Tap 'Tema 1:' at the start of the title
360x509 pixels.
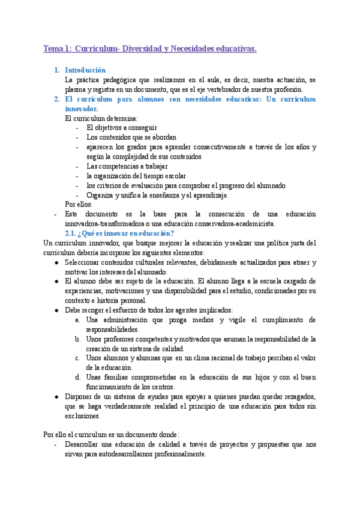(58, 49)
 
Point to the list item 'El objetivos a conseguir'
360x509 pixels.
(122, 128)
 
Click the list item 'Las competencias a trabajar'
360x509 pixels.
(127, 166)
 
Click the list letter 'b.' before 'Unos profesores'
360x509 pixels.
(79, 339)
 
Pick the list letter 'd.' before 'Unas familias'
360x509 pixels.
(79, 377)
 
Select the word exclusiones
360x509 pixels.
(83, 416)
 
